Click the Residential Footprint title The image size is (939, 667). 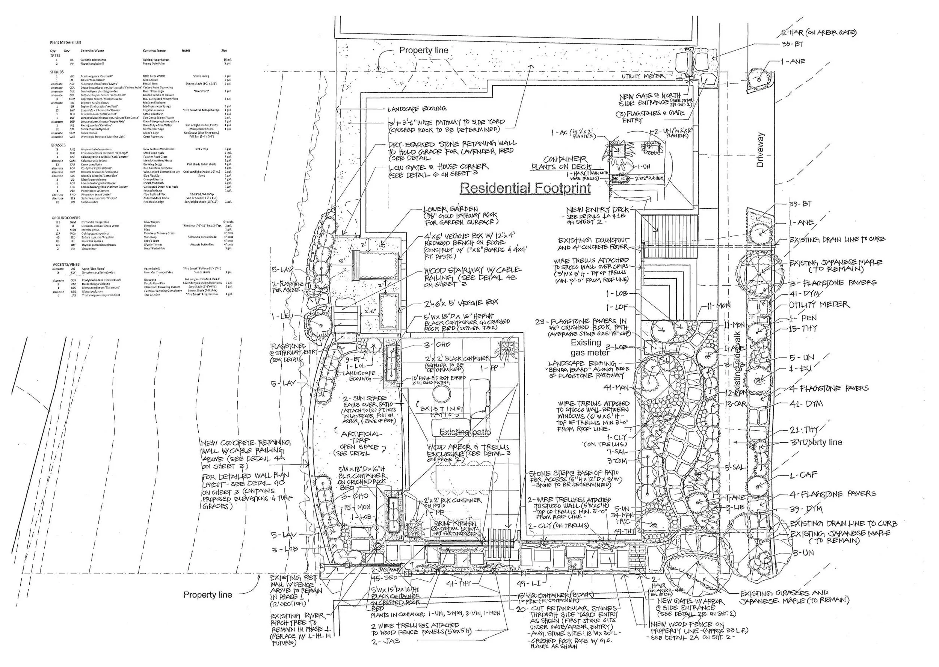pos(525,188)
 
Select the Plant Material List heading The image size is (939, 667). pos(66,42)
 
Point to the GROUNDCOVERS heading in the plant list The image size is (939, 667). pos(66,218)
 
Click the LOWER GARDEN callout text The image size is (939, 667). pos(451,209)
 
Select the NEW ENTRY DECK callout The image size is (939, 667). pos(597,210)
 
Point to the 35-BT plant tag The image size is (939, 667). pos(793,44)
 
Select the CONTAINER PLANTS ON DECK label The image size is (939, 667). pos(563,163)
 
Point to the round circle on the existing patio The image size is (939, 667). pos(441,395)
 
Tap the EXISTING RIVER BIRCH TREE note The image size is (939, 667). pos(298,624)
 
